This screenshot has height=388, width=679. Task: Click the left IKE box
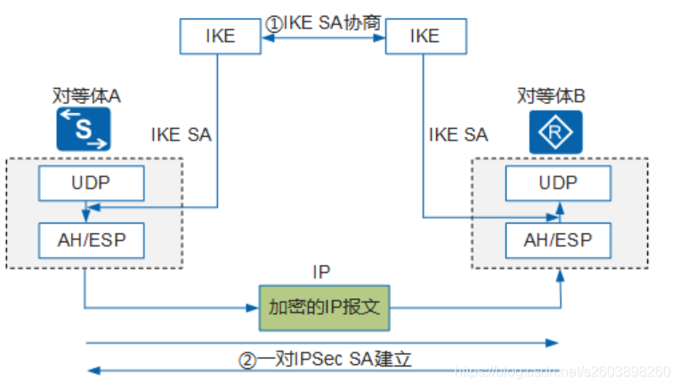click(220, 36)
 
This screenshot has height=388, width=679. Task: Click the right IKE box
click(424, 36)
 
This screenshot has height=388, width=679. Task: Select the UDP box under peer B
click(558, 183)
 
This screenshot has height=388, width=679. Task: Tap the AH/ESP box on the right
click(558, 238)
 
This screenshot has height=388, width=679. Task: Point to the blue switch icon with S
click(83, 131)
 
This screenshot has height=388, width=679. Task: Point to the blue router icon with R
click(556, 131)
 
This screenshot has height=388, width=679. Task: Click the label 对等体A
click(83, 96)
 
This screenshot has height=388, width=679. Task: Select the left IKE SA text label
click(182, 135)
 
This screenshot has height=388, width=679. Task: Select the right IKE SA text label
click(458, 135)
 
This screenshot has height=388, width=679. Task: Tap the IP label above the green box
click(322, 271)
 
